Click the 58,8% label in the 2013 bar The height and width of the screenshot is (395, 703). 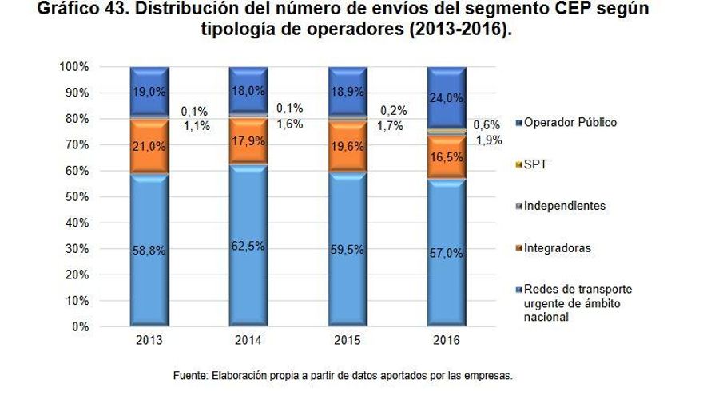pyautogui.click(x=149, y=250)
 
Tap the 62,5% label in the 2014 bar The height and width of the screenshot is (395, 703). pyautogui.click(x=248, y=246)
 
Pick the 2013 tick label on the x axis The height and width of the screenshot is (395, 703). pyautogui.click(x=149, y=340)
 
